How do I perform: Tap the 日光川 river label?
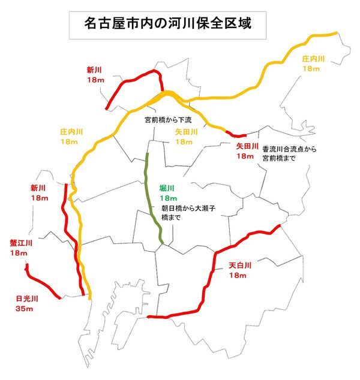tap(27, 298)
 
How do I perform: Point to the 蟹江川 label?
tap(21, 243)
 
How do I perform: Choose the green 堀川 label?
tap(167, 188)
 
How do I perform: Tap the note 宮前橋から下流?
tap(168, 120)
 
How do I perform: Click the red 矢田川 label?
tap(247, 146)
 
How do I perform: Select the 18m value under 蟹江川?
tap(19, 254)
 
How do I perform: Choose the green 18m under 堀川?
tap(169, 198)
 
